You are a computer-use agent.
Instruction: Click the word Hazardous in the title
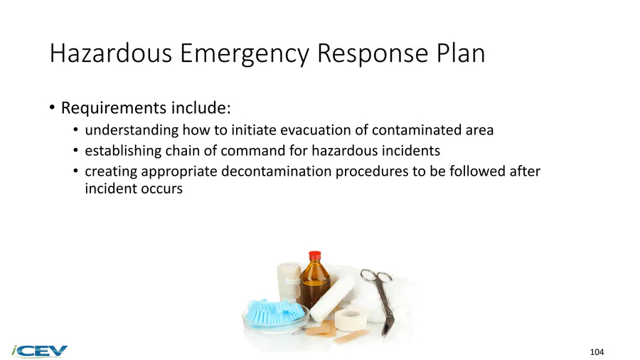click(111, 53)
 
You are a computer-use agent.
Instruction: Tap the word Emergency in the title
click(245, 54)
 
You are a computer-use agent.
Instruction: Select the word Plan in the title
click(461, 53)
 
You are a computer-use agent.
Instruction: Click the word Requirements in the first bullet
click(114, 108)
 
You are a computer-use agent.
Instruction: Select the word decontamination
click(277, 171)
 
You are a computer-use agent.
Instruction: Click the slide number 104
click(597, 352)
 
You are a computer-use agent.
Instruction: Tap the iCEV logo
click(40, 351)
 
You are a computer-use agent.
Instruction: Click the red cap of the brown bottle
click(315, 256)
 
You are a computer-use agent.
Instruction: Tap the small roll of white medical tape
click(351, 320)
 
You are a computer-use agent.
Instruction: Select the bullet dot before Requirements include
click(52, 107)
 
